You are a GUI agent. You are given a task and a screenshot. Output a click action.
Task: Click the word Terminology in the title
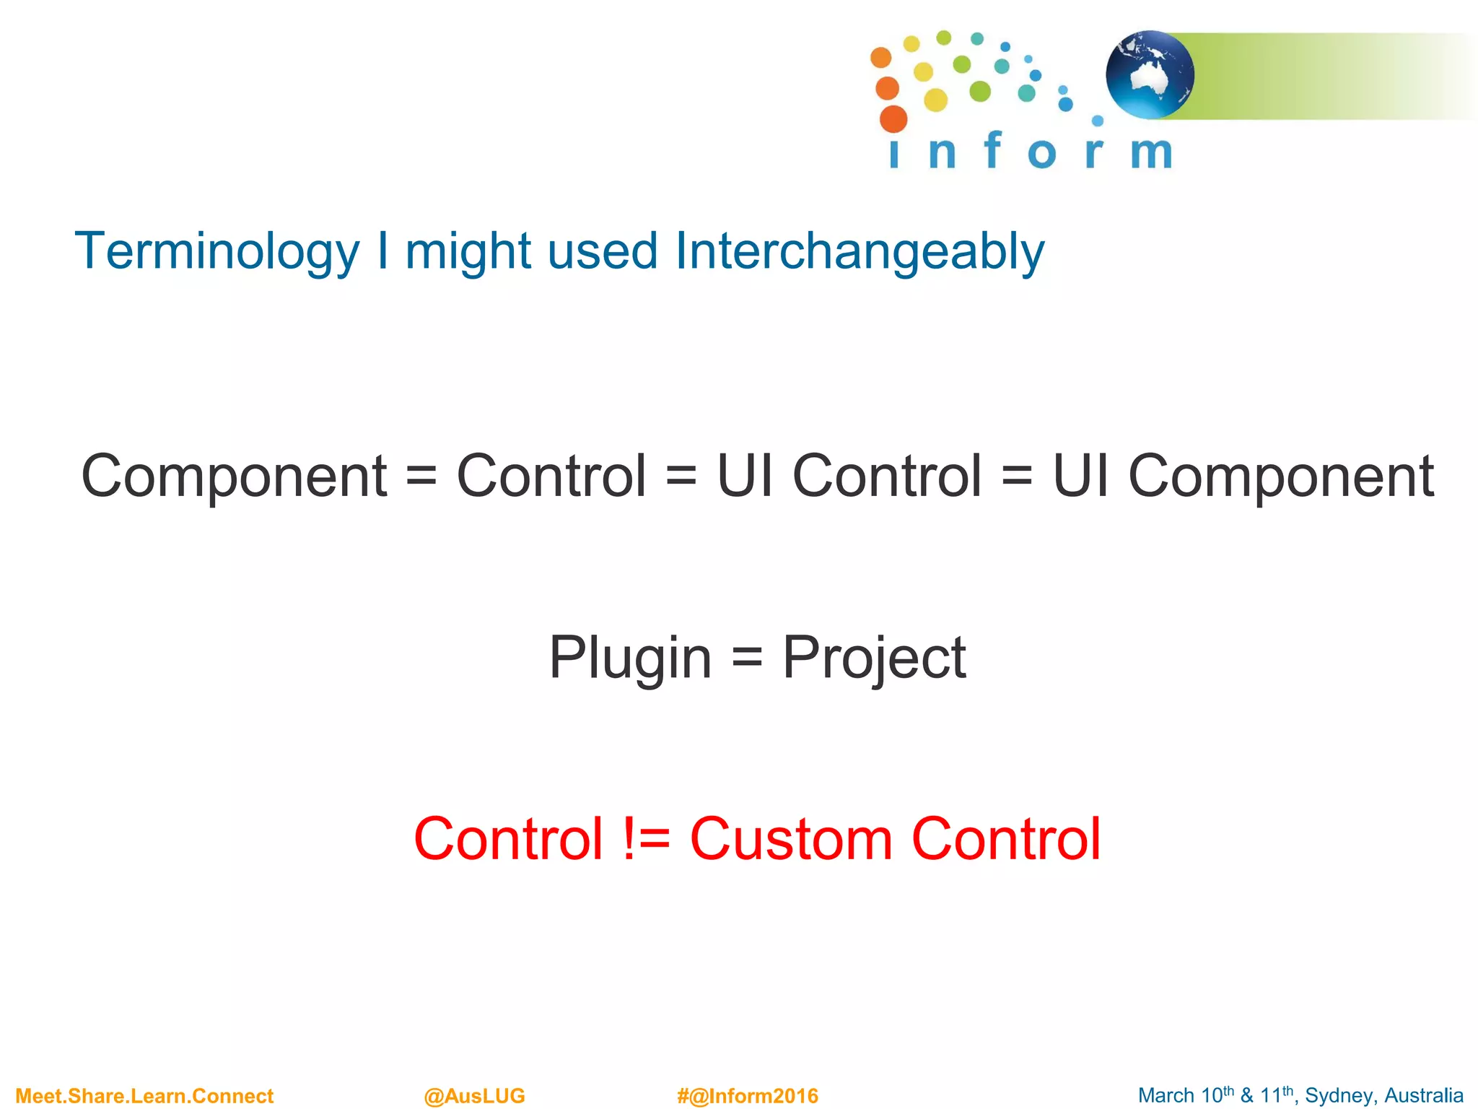217,251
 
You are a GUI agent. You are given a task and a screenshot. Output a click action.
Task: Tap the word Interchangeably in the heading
859,251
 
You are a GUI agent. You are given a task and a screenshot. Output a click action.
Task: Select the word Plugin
630,657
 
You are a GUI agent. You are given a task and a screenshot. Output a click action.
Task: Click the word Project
874,657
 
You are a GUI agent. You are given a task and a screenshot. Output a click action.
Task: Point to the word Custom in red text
791,838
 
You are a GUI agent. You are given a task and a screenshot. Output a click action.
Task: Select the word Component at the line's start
235,476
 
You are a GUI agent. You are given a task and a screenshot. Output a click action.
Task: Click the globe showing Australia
1149,74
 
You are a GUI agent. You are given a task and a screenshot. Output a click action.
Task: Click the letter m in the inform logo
1151,152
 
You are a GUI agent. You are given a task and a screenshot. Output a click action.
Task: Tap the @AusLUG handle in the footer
474,1095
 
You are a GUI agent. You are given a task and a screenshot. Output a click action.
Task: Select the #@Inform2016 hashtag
747,1095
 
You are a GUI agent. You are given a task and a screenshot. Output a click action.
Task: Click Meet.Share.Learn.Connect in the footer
144,1095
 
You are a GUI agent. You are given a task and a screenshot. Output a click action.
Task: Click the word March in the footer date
1166,1095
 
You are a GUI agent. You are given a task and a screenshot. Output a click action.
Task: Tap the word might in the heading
468,251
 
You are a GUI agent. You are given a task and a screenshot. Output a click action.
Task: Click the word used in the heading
602,251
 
